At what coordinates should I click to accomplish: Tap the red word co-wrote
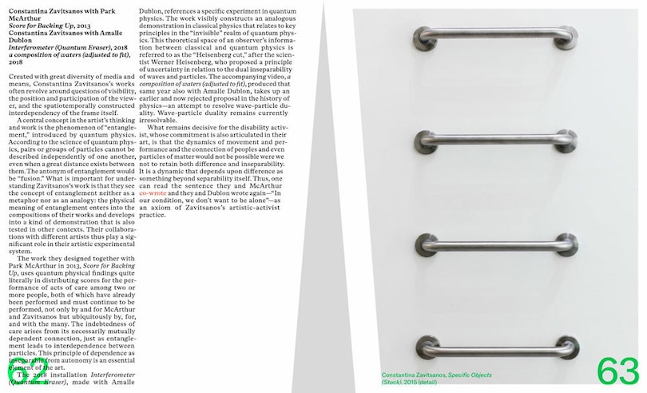point(153,193)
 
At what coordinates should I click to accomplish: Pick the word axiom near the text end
point(176,208)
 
